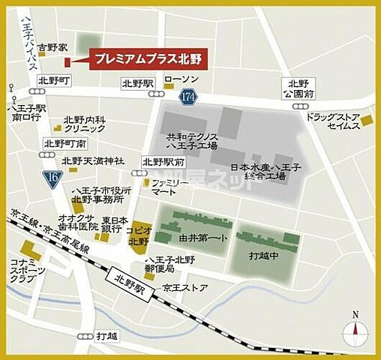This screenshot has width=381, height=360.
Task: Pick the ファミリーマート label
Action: point(169,187)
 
